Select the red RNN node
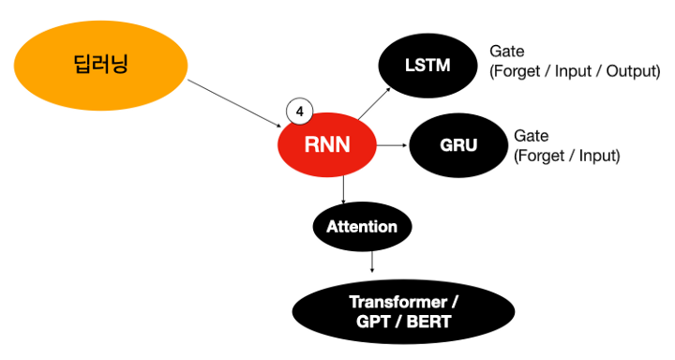(327, 145)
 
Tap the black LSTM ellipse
(427, 66)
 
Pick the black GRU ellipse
(458, 145)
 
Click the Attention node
(362, 227)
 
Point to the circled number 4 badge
(299, 112)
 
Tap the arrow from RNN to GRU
(392, 146)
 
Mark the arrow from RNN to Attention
(344, 190)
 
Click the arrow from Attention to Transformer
(372, 262)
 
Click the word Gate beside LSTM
(506, 51)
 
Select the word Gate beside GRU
(532, 136)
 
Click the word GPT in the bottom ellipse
(376, 323)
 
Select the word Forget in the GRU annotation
(543, 156)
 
